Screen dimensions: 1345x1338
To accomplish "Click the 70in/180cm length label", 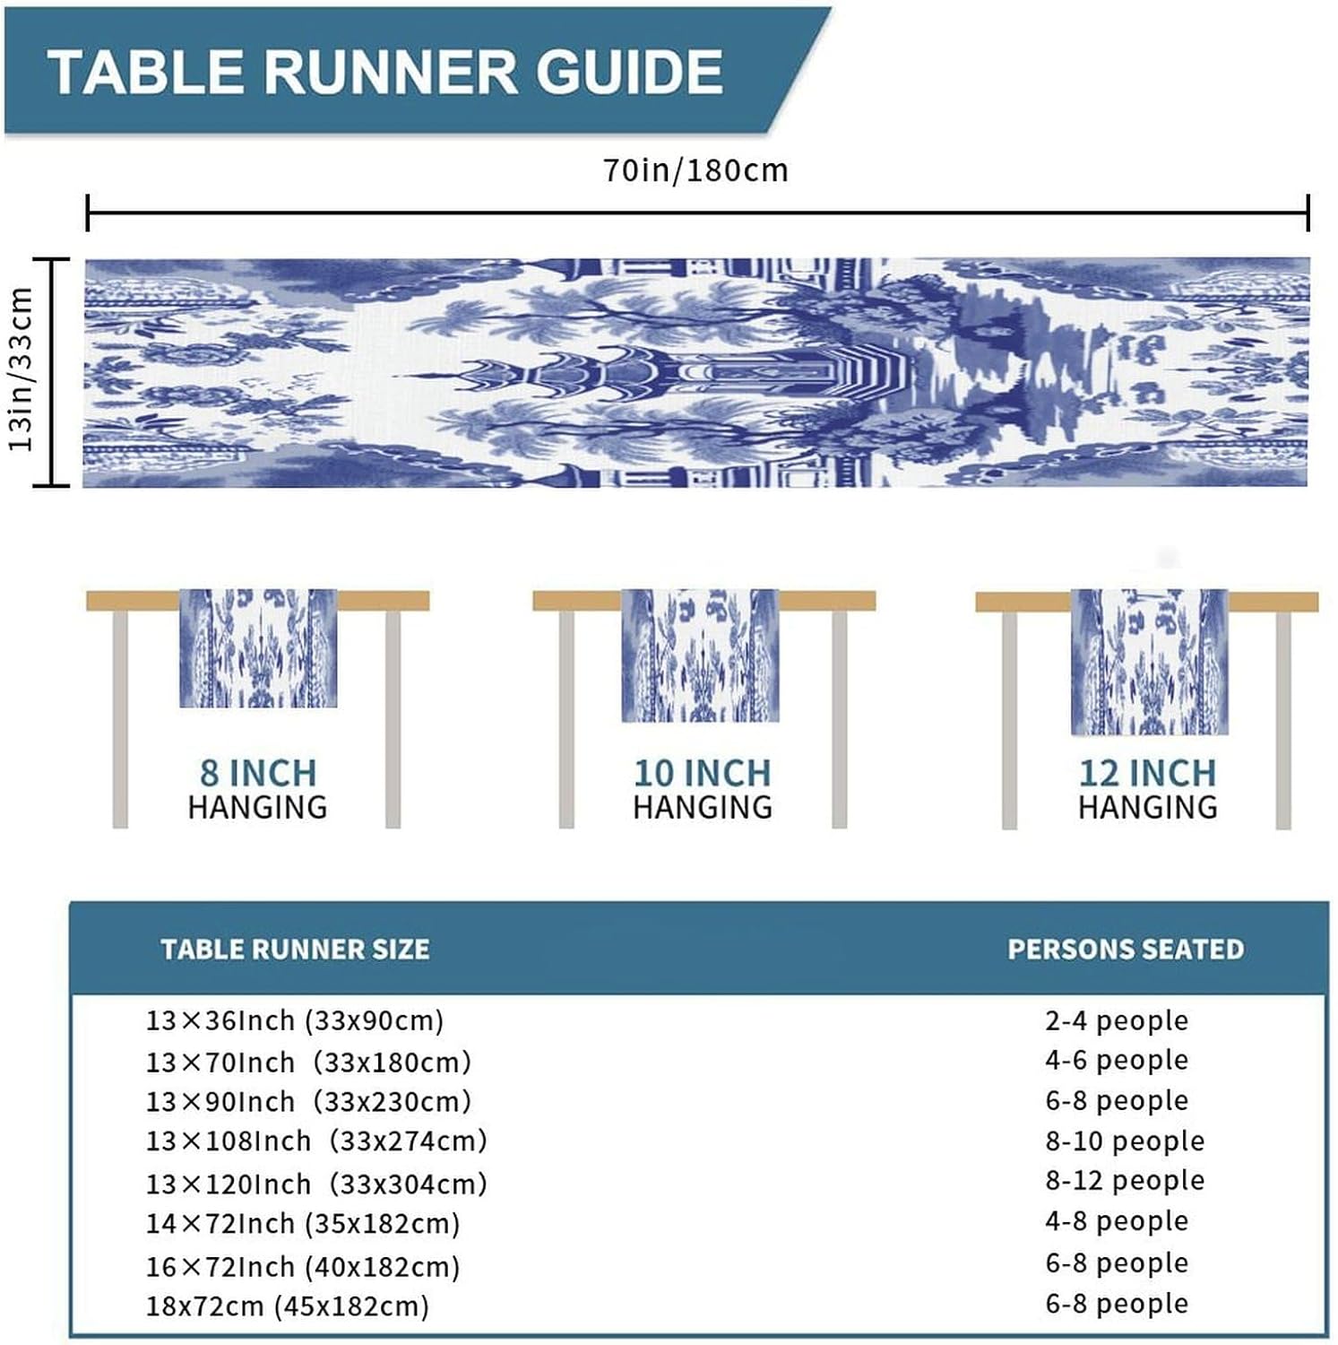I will (695, 170).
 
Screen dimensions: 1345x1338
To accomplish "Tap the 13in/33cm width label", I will (21, 369).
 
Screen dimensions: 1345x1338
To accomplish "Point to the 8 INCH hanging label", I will (258, 773).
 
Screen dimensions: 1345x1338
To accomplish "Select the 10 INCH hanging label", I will (703, 773).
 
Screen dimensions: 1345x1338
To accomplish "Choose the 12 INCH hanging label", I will (1147, 773).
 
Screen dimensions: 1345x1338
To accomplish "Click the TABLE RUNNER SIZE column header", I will (295, 950).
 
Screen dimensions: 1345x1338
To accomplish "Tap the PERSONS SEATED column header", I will (1126, 950).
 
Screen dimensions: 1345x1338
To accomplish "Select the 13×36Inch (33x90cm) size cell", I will (295, 1020).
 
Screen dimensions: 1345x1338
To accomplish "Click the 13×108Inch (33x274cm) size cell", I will (316, 1141).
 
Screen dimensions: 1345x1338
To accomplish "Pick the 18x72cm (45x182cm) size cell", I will (288, 1306).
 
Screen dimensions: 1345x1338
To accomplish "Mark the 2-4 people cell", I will (1117, 1020).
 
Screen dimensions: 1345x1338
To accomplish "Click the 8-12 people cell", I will (1125, 1181).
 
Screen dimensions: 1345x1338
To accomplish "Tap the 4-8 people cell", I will (1117, 1221).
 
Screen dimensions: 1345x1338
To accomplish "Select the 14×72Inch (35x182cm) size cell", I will (303, 1224).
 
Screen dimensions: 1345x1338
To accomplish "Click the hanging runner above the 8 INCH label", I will (258, 647).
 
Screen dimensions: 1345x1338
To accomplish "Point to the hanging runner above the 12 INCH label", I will (1149, 662).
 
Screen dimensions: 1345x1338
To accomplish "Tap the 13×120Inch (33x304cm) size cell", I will (316, 1184).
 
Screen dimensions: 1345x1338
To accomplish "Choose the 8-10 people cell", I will (1125, 1141).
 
